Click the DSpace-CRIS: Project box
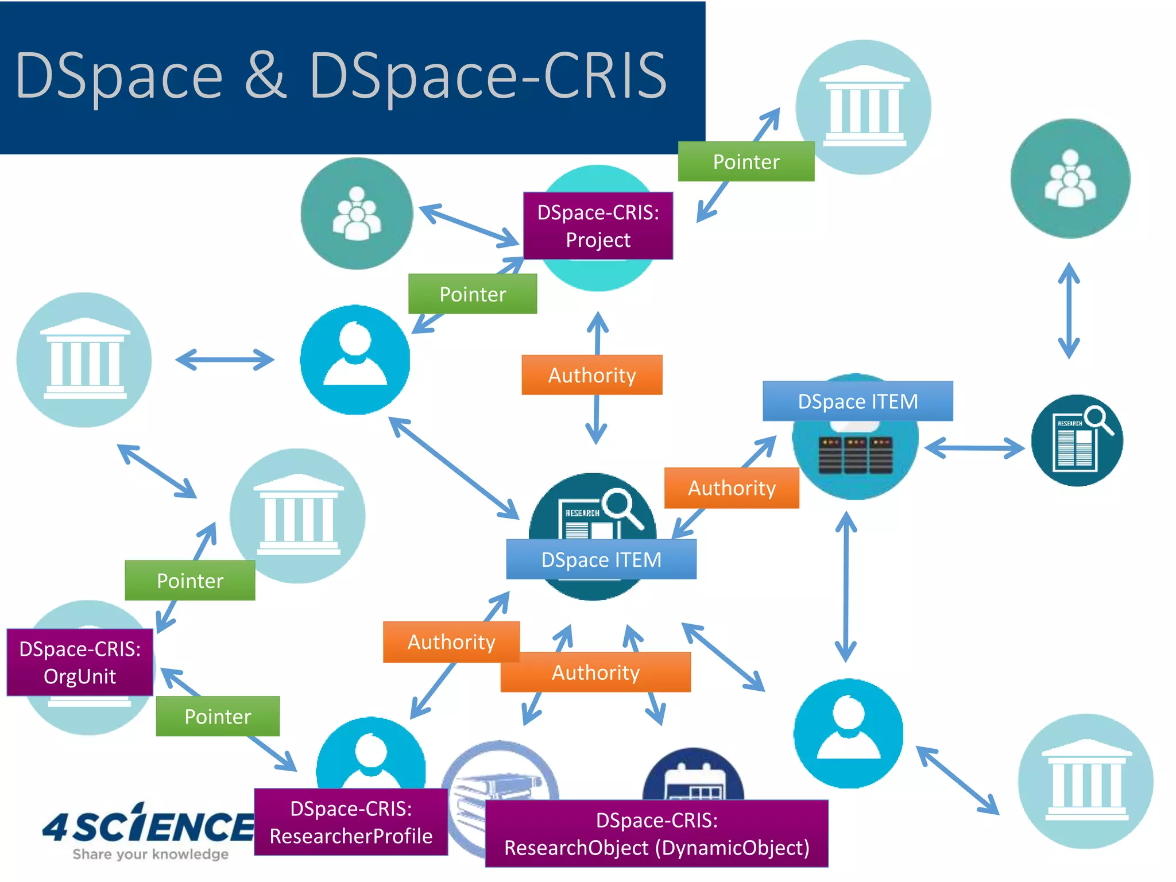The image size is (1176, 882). (x=598, y=226)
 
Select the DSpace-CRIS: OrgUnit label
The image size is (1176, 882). (x=80, y=662)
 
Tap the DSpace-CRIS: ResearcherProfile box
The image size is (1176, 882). (x=351, y=822)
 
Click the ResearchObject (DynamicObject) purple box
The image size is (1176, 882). (x=656, y=833)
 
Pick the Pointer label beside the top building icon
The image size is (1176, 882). (x=746, y=161)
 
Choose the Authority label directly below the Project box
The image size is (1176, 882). (x=591, y=375)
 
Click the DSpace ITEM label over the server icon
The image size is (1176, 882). (x=857, y=401)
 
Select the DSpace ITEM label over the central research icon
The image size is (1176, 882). (x=601, y=559)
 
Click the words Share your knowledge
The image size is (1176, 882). (x=150, y=854)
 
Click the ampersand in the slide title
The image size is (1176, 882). (x=265, y=75)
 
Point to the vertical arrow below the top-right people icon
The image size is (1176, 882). (x=1069, y=311)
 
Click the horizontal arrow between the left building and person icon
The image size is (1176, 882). (x=225, y=360)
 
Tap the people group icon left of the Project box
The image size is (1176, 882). (x=357, y=214)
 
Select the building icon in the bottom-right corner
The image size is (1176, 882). (x=1085, y=781)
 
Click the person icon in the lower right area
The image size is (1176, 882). (x=848, y=733)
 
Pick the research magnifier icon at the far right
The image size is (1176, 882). (x=1077, y=440)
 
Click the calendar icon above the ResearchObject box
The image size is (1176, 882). (x=694, y=775)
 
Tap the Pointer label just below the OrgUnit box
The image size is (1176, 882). (x=218, y=716)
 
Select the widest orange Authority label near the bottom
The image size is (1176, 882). (x=595, y=672)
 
